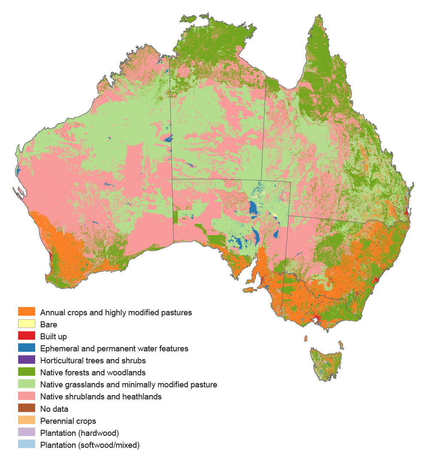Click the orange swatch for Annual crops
[26, 312]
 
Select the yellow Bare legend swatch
[26, 324]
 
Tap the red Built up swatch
[26, 336]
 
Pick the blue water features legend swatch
[26, 348]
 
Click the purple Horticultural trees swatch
[26, 360]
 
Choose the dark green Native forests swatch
[26, 372]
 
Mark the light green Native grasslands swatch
[26, 384]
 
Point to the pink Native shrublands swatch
[26, 396]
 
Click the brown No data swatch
[26, 408]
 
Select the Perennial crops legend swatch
[26, 420]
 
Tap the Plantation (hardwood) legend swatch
[26, 432]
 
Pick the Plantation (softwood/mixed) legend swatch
[26, 444]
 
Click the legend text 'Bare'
[48, 325]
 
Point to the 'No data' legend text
[54, 409]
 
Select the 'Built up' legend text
[53, 337]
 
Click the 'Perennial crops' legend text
[68, 421]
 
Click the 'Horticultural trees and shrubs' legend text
[93, 361]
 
